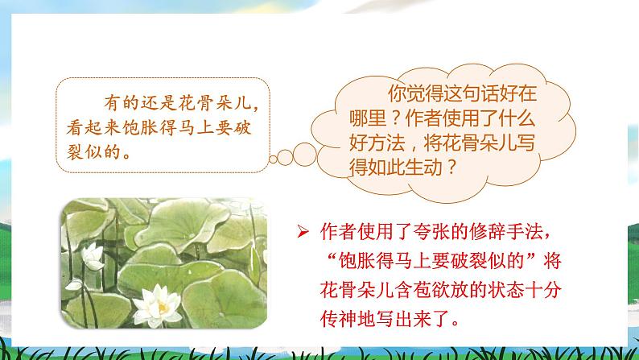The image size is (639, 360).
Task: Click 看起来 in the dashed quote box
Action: tap(95, 127)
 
